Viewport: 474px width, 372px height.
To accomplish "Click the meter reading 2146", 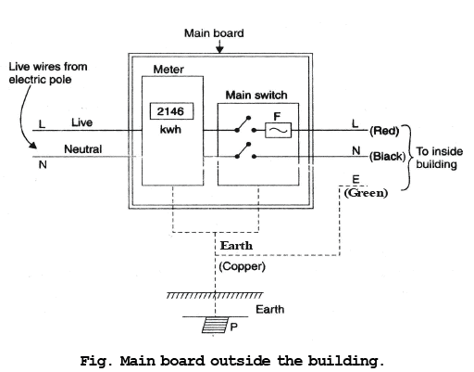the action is click(x=170, y=111).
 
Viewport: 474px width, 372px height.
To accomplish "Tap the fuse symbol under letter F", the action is click(x=278, y=130).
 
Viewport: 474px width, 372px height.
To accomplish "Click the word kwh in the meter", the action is click(x=170, y=130).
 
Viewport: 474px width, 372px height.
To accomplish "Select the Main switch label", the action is click(x=256, y=95).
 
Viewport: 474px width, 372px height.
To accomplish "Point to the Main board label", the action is click(x=214, y=33).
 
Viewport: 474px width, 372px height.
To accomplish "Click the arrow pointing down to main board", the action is click(x=219, y=46).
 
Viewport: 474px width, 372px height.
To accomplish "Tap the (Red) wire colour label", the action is click(x=384, y=131).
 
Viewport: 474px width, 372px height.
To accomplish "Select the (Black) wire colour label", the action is click(x=387, y=156).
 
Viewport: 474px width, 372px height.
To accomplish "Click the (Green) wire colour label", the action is click(x=366, y=193).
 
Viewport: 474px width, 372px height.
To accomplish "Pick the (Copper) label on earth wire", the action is click(x=242, y=266).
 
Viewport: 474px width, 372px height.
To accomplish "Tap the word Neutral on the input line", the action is click(x=82, y=149).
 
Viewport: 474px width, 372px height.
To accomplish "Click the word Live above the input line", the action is click(x=81, y=122).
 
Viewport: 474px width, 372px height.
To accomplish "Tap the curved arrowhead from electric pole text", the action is click(x=31, y=145).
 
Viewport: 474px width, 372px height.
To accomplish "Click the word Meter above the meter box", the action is click(x=168, y=70).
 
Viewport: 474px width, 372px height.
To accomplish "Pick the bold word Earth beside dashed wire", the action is click(x=236, y=246).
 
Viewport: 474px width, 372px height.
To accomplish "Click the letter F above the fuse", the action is click(x=277, y=117).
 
